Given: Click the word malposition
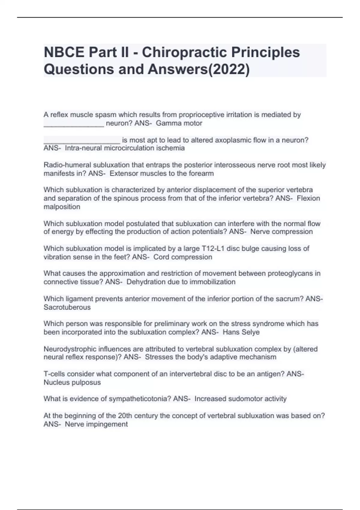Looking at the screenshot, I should click(62, 207).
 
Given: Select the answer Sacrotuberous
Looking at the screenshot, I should click(67, 307).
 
